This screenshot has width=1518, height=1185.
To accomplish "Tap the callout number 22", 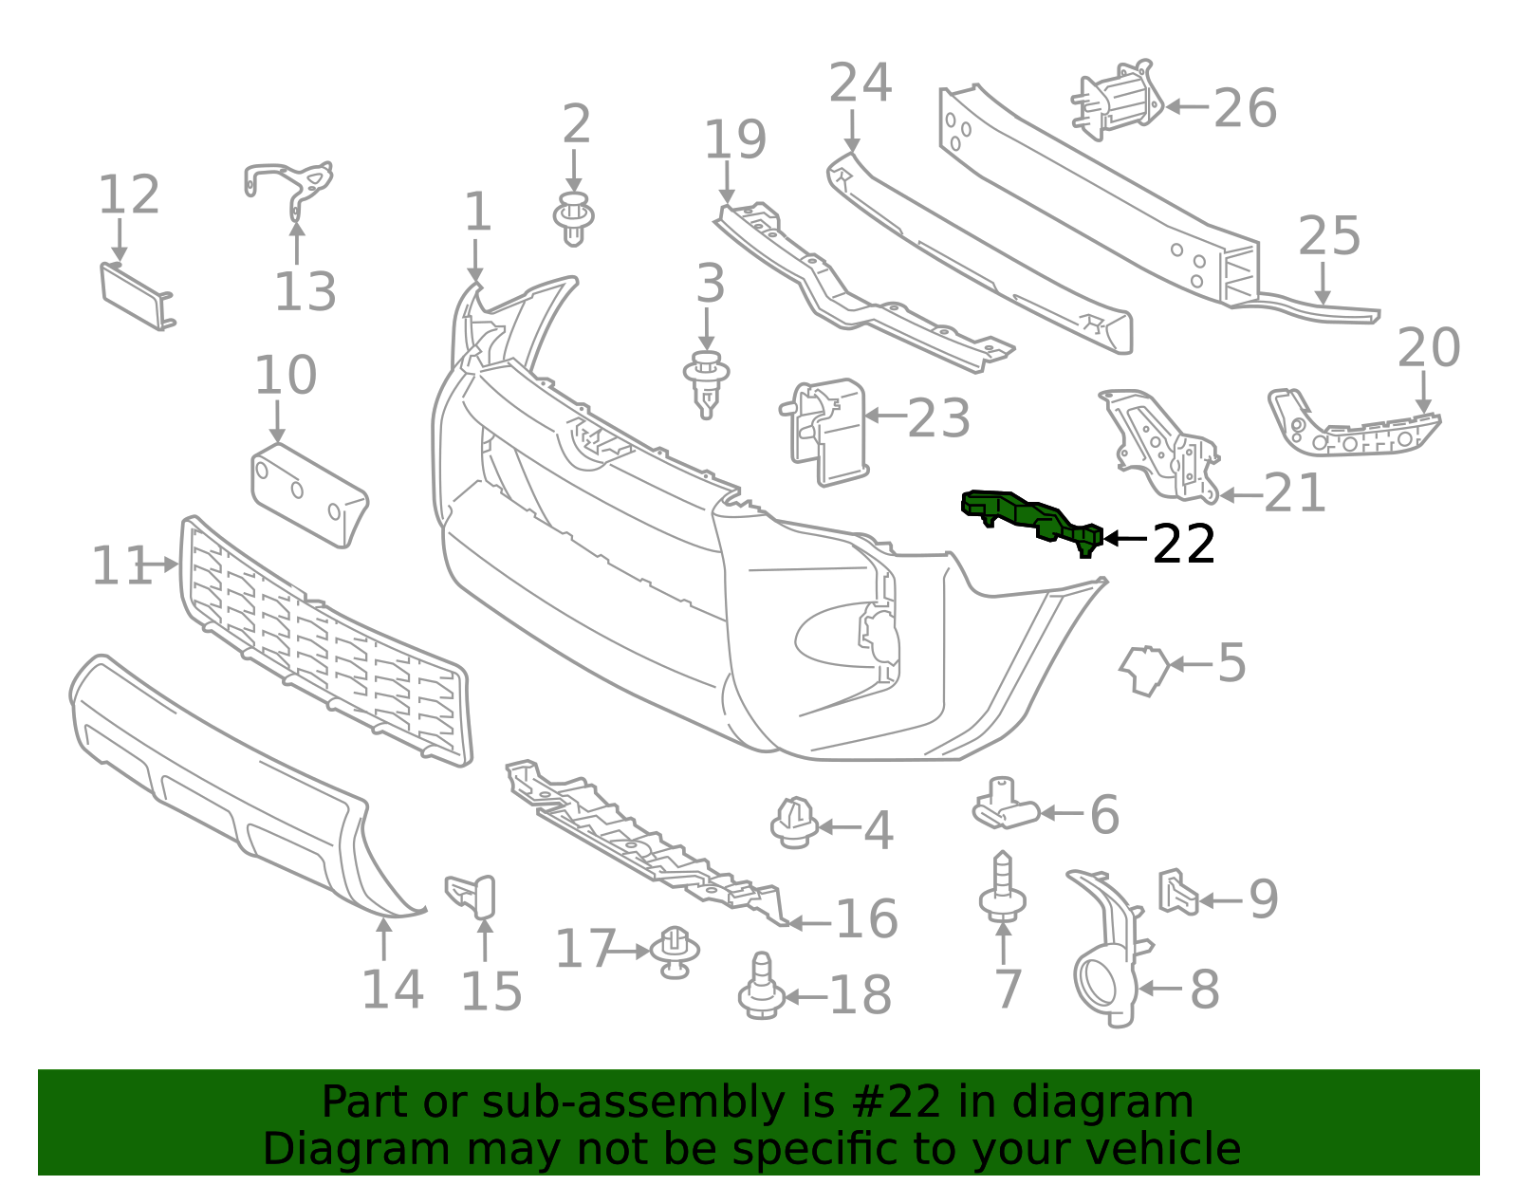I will pos(1183,545).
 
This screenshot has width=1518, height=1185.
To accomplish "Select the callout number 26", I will pos(1245,108).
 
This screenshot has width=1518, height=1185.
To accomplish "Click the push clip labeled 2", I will pos(573,217).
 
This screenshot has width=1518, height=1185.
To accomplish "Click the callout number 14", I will pos(392,990).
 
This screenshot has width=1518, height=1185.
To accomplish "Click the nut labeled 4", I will pos(794,822).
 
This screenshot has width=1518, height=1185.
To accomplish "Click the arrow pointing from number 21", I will pos(1241,494).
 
